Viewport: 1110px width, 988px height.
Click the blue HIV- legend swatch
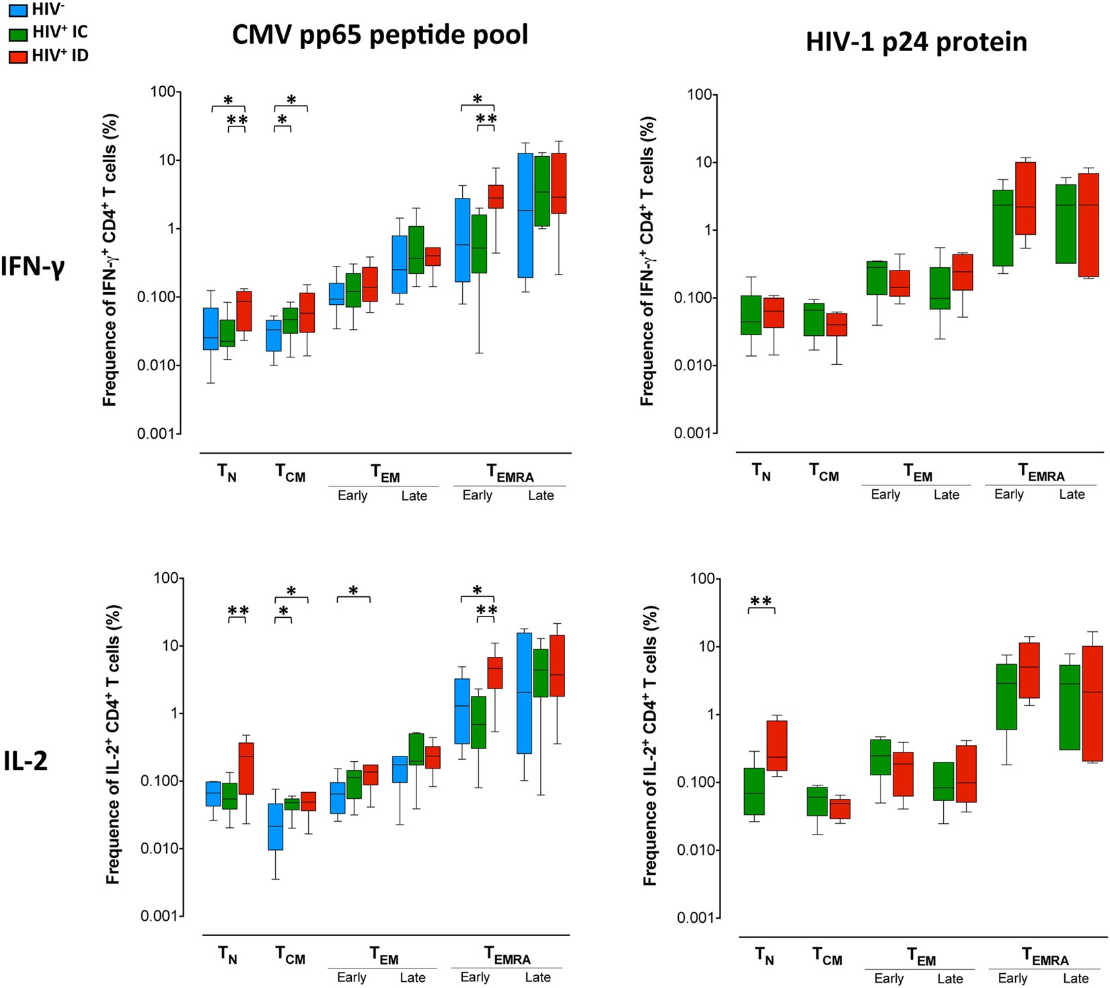click(18, 10)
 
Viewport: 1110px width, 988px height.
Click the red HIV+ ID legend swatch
click(18, 57)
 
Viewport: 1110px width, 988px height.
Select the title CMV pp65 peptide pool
click(379, 34)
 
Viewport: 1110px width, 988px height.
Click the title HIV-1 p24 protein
click(916, 42)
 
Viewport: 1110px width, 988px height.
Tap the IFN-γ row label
click(32, 267)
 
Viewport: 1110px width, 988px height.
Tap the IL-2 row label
click(26, 761)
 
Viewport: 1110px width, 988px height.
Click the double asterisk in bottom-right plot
click(761, 601)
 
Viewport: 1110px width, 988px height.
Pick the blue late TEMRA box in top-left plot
click(525, 215)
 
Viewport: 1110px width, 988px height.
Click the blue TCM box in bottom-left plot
click(275, 826)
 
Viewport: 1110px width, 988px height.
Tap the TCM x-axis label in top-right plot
click(824, 473)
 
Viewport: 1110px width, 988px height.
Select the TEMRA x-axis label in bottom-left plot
click(508, 956)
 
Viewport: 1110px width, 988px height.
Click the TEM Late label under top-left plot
click(414, 496)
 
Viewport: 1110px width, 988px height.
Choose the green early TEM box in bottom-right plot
click(881, 757)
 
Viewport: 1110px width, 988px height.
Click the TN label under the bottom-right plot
click(764, 956)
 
